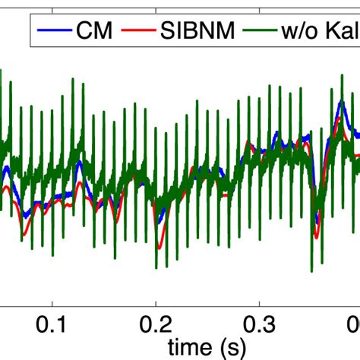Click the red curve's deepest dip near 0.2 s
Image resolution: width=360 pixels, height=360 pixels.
click(x=159, y=248)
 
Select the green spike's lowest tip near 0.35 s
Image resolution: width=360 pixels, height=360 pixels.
click(x=312, y=271)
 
